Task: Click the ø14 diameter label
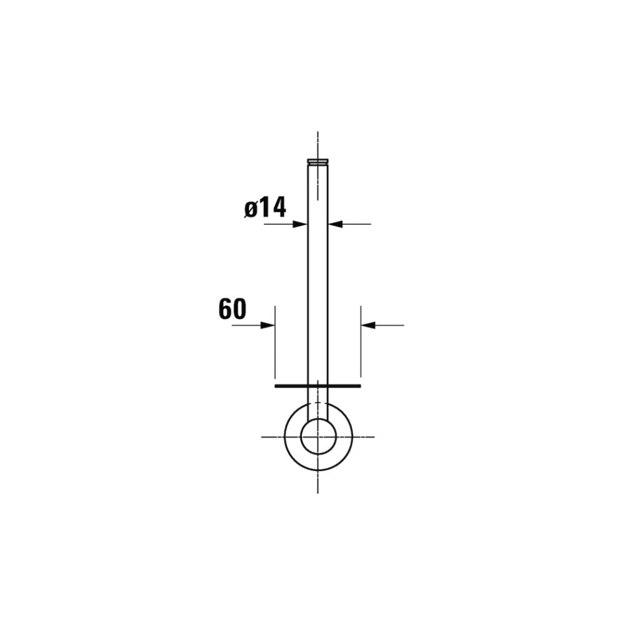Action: pyautogui.click(x=265, y=208)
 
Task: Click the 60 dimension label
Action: pyautogui.click(x=232, y=309)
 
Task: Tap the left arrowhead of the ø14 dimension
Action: pyautogui.click(x=300, y=224)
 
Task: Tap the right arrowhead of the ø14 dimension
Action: pyautogui.click(x=336, y=224)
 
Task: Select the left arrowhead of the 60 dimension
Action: pyautogui.click(x=268, y=325)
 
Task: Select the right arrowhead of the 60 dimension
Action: pyautogui.click(x=368, y=325)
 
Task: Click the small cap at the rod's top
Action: pyautogui.click(x=318, y=161)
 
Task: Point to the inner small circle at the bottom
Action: pyautogui.click(x=318, y=437)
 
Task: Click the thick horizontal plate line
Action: pyautogui.click(x=318, y=386)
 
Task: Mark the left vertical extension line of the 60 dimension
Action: pyautogui.click(x=275, y=342)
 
